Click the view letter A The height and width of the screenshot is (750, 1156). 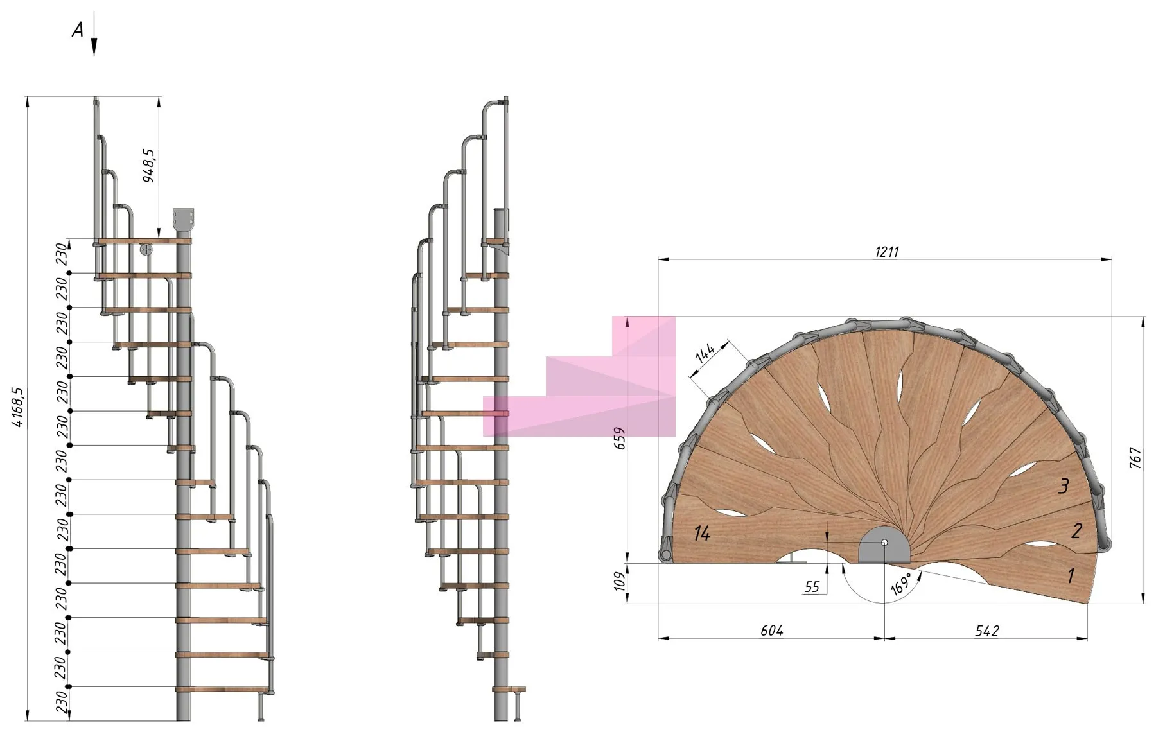pyautogui.click(x=78, y=30)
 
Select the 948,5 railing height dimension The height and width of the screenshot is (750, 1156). pyautogui.click(x=148, y=166)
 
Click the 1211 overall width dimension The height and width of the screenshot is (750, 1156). pyautogui.click(x=886, y=252)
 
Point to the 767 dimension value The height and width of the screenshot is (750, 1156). pyautogui.click(x=1135, y=458)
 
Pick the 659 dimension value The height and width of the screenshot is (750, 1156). pyautogui.click(x=620, y=439)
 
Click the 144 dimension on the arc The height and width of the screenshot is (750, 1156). pyautogui.click(x=705, y=353)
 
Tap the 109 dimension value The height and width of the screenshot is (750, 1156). pyautogui.click(x=619, y=581)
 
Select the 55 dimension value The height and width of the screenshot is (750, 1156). pyautogui.click(x=812, y=586)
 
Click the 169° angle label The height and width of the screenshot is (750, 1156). pyautogui.click(x=900, y=584)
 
